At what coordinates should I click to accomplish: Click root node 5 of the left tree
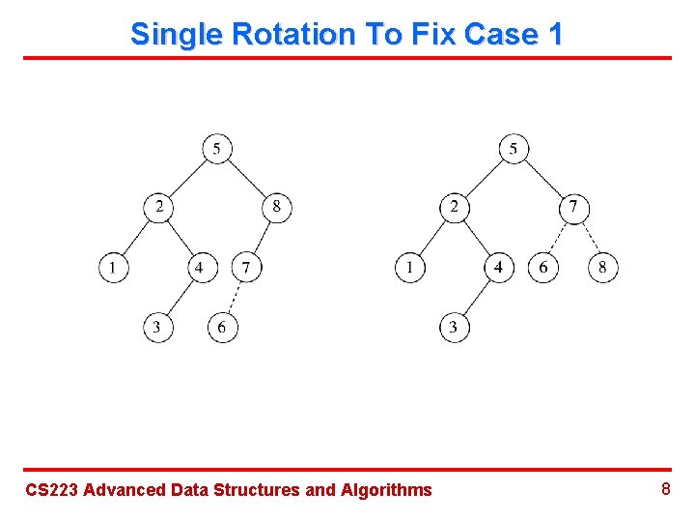click(x=217, y=149)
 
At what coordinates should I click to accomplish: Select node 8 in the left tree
click(x=276, y=207)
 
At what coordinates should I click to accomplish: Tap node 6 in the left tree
click(x=222, y=328)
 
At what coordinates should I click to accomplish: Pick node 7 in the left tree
click(x=246, y=267)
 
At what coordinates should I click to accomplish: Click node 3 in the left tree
click(x=157, y=328)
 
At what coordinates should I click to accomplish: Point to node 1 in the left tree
click(x=113, y=267)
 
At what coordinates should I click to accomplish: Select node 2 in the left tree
click(x=158, y=207)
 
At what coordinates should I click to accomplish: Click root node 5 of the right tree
click(x=514, y=149)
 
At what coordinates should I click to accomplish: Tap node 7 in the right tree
click(x=573, y=207)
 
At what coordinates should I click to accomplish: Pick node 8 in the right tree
click(x=603, y=267)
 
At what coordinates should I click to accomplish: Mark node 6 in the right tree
click(x=543, y=267)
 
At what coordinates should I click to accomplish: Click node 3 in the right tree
click(x=454, y=328)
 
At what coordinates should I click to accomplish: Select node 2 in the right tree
click(x=455, y=207)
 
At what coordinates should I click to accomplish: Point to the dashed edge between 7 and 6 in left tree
click(x=235, y=298)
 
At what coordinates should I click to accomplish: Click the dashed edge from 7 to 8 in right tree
click(x=589, y=237)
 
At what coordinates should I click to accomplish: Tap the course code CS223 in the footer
click(x=51, y=490)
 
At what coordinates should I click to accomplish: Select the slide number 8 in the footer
click(x=665, y=489)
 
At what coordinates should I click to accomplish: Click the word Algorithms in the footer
click(x=386, y=490)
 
